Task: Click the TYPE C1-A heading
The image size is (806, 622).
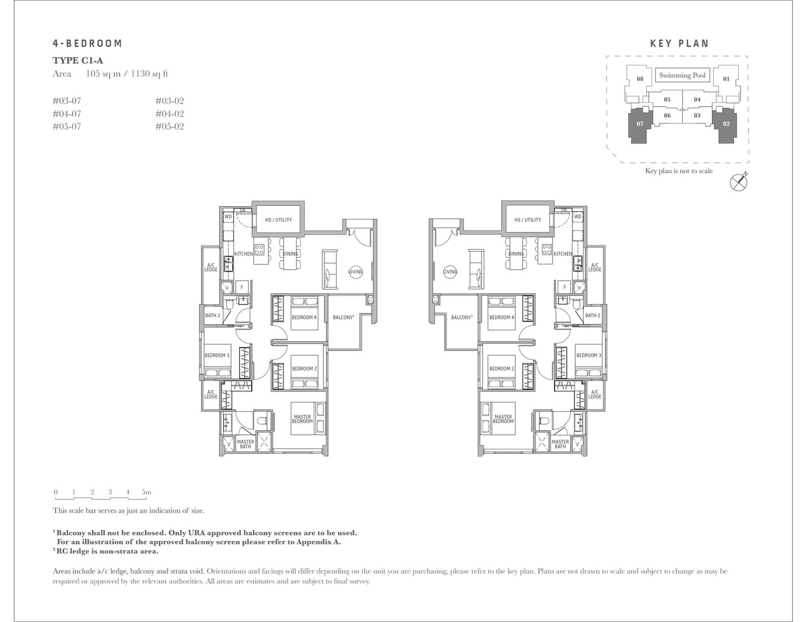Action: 78,60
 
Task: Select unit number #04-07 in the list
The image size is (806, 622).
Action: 67,114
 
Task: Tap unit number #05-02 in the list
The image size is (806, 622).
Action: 170,127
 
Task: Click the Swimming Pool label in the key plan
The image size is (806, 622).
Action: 682,75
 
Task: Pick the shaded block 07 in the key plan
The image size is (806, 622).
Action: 640,124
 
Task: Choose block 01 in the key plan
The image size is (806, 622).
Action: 726,79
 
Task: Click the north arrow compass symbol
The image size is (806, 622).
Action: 738,182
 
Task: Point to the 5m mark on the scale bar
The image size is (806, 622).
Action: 146,492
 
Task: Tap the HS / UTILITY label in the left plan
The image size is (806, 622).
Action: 279,220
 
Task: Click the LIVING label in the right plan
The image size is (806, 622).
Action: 450,272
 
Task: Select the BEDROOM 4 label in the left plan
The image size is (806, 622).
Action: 304,318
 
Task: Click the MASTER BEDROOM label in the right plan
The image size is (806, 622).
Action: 503,419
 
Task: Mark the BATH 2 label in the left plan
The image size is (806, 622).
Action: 213,316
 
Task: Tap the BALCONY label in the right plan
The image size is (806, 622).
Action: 461,318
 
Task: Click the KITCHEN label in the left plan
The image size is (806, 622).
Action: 243,254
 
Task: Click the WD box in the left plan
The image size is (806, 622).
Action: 228,217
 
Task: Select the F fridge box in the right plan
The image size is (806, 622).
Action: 565,287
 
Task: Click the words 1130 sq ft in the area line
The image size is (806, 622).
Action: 149,74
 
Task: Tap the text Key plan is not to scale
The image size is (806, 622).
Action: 679,171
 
